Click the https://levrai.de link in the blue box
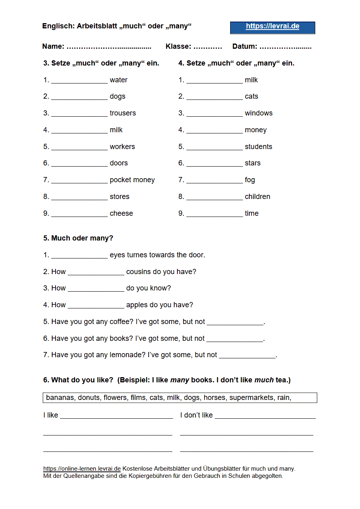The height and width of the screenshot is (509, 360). pyautogui.click(x=272, y=26)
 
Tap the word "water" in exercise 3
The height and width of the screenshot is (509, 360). pyautogui.click(x=119, y=80)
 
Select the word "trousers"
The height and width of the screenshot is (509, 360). pyautogui.click(x=123, y=113)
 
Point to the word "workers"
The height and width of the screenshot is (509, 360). pyautogui.click(x=122, y=147)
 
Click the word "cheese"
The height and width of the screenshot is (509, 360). pyautogui.click(x=121, y=213)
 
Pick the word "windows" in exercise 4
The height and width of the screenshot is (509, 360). pyautogui.click(x=259, y=113)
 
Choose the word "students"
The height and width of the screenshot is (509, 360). pyautogui.click(x=258, y=147)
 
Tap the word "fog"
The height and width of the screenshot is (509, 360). pyautogui.click(x=250, y=180)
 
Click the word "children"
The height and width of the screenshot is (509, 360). pyautogui.click(x=257, y=197)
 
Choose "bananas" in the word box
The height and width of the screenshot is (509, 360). pyautogui.click(x=60, y=398)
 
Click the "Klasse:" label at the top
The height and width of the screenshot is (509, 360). pyautogui.click(x=178, y=46)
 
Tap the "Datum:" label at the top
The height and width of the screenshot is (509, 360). pyautogui.click(x=245, y=46)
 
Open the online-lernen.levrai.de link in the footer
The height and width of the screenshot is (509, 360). pyautogui.click(x=82, y=469)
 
